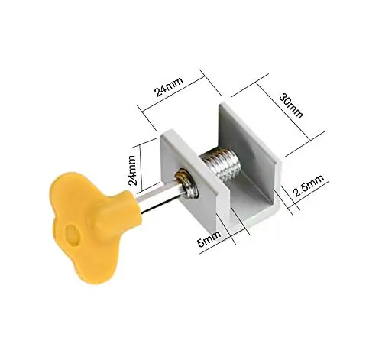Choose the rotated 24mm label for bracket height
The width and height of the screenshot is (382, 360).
[131, 170]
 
